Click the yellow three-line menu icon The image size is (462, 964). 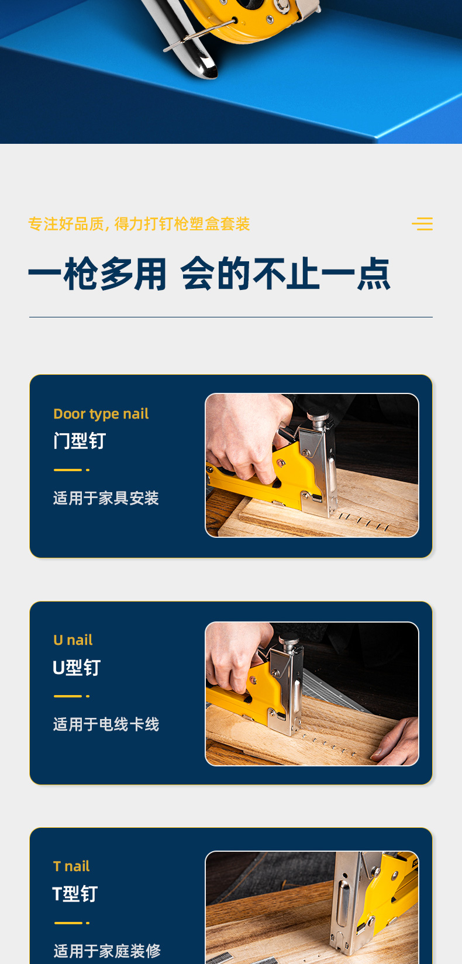click(x=422, y=224)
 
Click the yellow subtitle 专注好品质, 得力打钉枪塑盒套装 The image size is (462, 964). click(x=139, y=224)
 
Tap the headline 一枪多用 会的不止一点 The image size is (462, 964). click(x=209, y=274)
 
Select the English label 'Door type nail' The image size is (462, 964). click(x=101, y=414)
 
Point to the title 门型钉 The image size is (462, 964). click(x=80, y=441)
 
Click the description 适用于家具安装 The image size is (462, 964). click(x=106, y=498)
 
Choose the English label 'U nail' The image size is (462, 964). click(x=73, y=640)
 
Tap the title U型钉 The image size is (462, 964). click(x=77, y=668)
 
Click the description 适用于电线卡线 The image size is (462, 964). click(x=106, y=724)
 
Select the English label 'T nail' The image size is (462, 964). click(x=71, y=866)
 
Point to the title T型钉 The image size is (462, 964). click(x=75, y=894)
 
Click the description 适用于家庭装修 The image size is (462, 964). click(x=107, y=951)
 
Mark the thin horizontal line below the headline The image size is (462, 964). click(x=231, y=317)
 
